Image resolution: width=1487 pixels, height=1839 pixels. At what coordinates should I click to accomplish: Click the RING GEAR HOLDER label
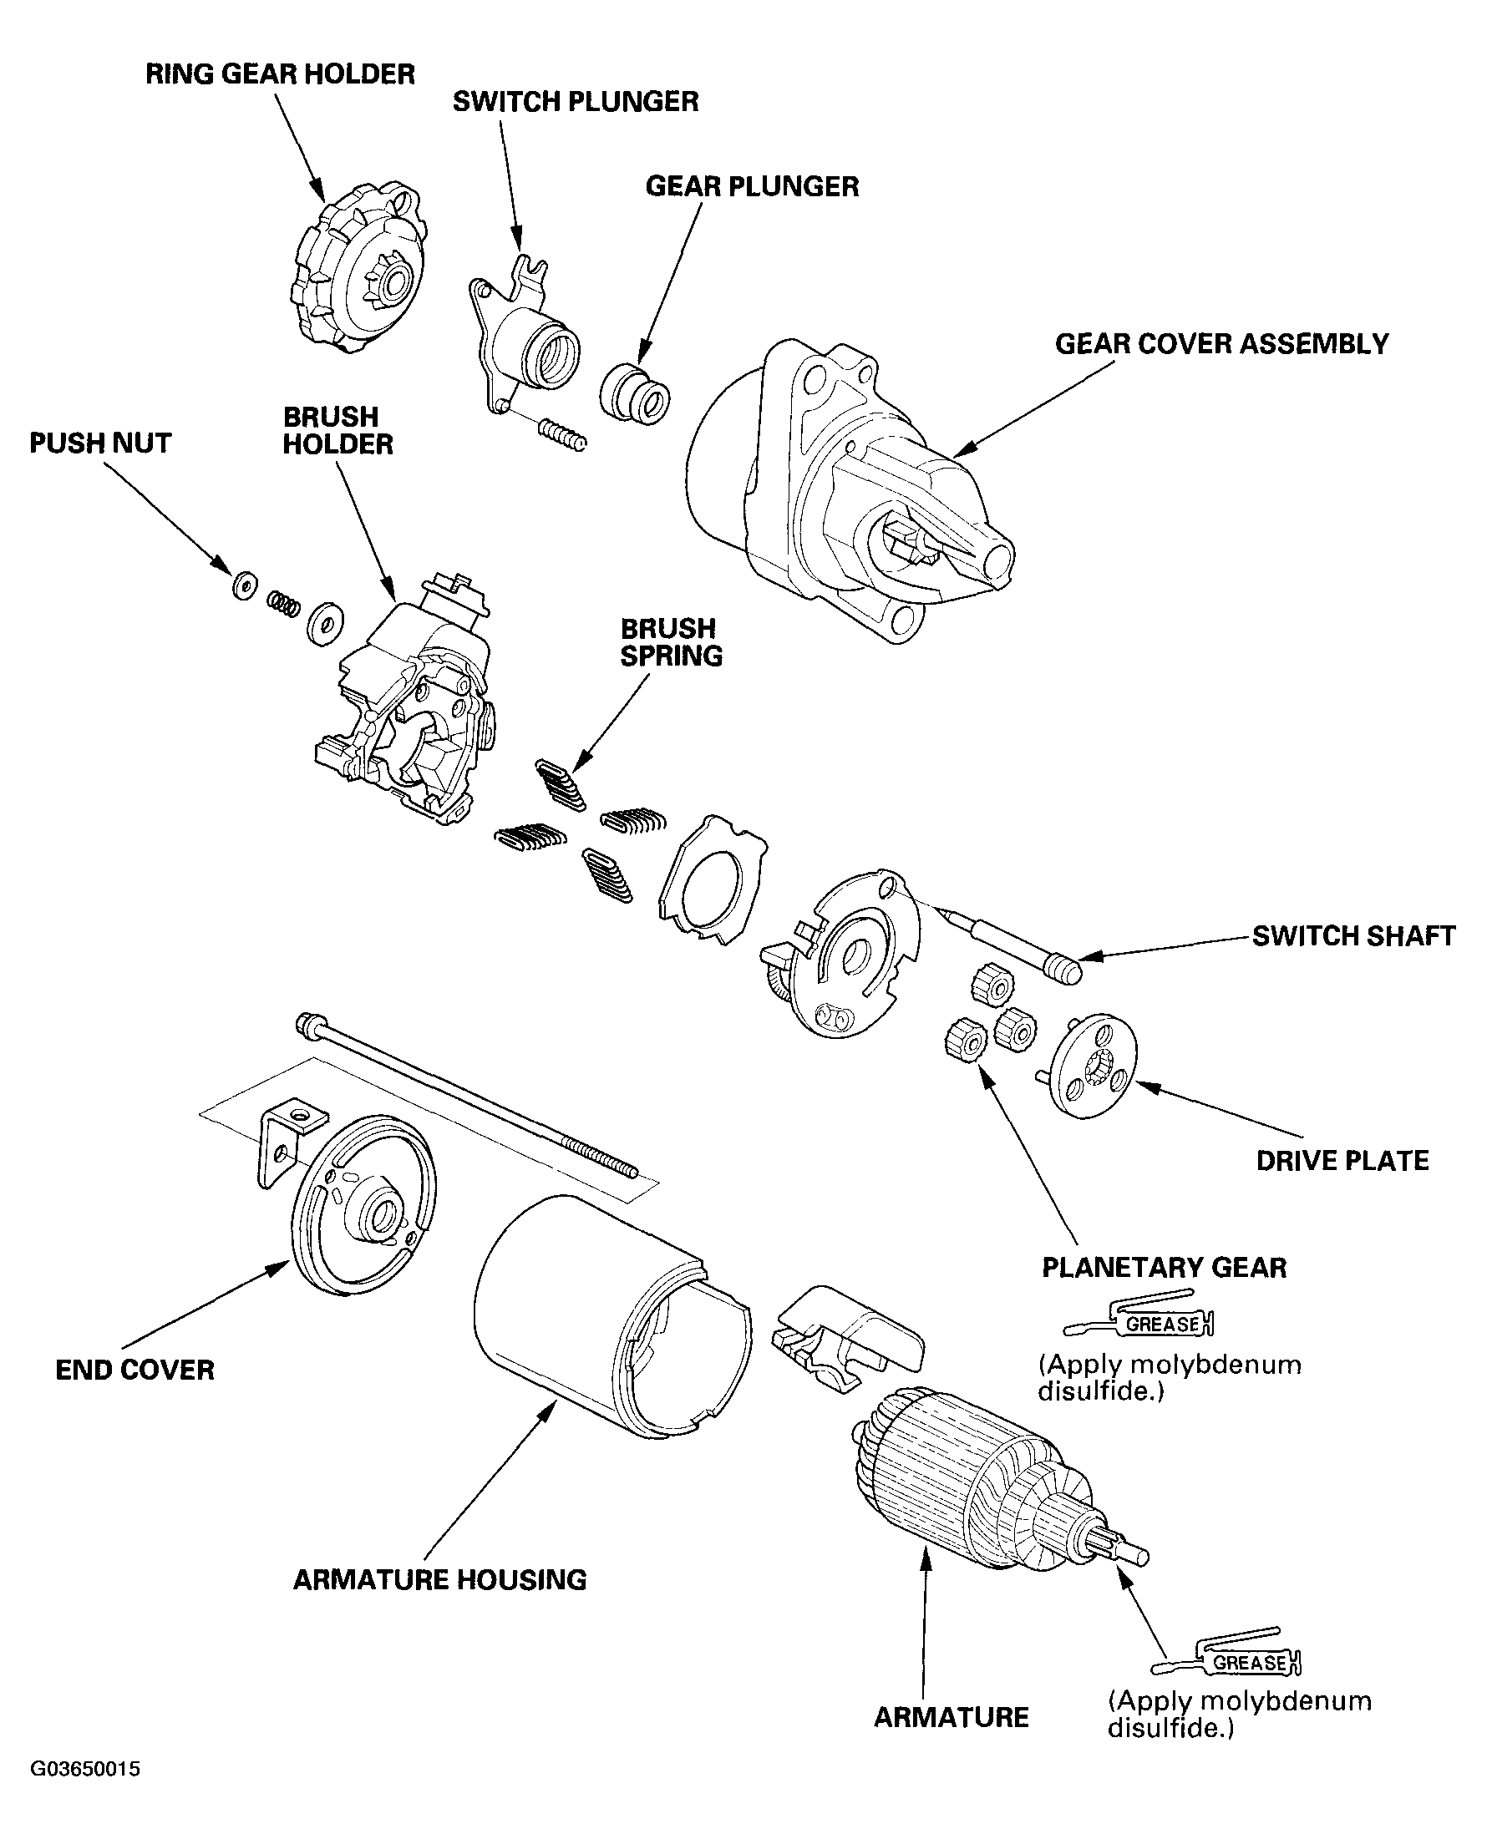tap(280, 74)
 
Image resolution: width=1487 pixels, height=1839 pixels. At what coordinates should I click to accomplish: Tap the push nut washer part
tap(243, 585)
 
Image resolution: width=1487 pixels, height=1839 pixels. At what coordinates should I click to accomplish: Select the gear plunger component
tap(635, 393)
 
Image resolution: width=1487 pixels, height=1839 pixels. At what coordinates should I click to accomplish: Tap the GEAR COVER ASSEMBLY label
tap(1221, 344)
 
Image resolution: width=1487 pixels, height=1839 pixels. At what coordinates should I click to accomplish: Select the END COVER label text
tap(134, 1370)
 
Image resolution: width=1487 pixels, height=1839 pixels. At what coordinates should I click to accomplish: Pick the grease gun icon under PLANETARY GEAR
tap(1140, 1323)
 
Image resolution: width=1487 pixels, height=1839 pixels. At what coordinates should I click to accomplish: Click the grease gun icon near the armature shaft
tap(1227, 1662)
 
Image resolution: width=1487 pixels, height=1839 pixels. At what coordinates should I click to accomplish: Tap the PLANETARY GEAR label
tap(1164, 1267)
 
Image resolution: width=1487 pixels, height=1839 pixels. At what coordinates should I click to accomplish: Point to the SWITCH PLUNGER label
tap(576, 102)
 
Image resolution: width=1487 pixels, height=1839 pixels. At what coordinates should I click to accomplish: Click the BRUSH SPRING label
tap(672, 642)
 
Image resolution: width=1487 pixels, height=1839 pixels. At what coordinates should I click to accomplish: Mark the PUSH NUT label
tap(100, 443)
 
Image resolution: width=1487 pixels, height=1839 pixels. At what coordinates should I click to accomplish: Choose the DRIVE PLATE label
tap(1342, 1161)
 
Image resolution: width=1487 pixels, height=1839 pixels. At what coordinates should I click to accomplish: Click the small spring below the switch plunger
tap(563, 434)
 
